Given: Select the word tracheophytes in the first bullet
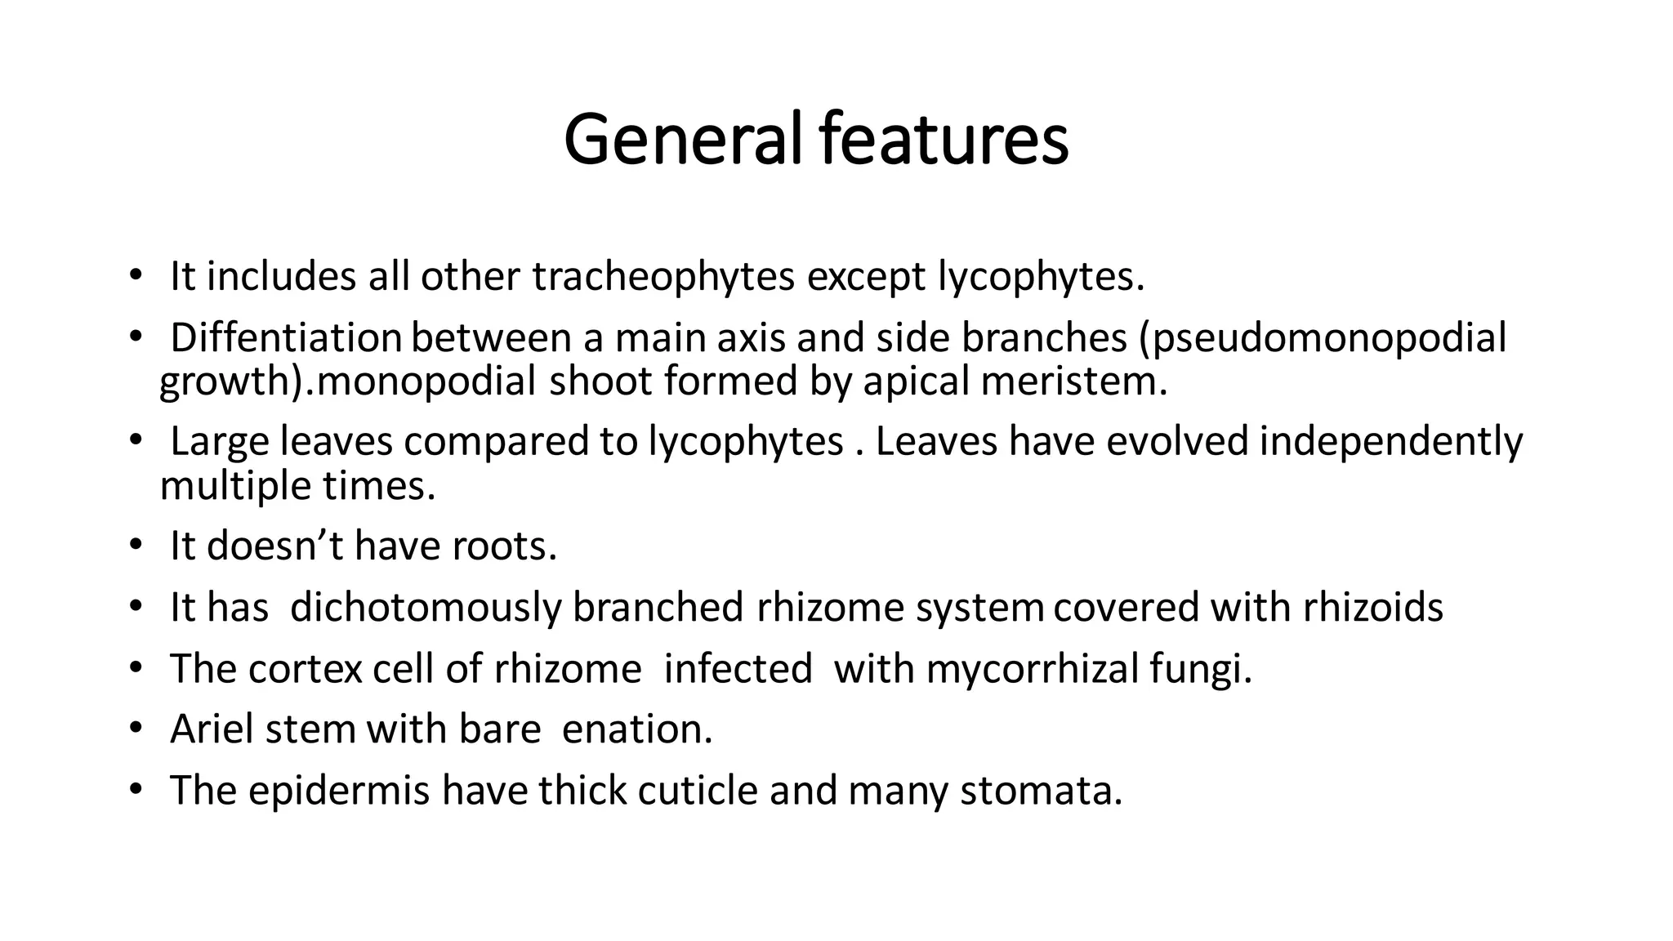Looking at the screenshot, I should tap(663, 277).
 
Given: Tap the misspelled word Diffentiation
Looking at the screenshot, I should tap(285, 338).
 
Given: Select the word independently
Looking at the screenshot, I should tap(1391, 442).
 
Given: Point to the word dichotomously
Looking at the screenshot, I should tap(426, 608).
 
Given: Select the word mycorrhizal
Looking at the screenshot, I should tap(1032, 670).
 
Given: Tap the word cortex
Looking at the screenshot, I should tap(305, 670).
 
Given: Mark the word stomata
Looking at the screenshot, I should tap(1041, 791).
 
